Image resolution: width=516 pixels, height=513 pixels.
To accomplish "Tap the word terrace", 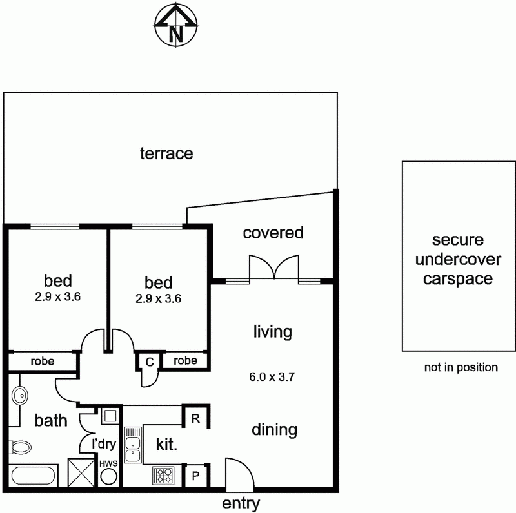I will coord(166,153).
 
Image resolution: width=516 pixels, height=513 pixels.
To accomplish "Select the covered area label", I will coord(273,233).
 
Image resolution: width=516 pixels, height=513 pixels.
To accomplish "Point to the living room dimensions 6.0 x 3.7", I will coord(272,378).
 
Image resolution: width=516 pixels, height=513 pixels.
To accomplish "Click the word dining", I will coord(274,429).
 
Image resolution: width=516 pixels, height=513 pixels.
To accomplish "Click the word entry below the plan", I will coord(241,503).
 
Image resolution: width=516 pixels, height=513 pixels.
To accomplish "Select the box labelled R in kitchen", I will coord(195,418).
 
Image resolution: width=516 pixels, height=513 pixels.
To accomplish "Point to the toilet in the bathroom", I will coord(21,448).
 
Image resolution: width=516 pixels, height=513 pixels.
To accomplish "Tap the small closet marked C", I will coord(149,362).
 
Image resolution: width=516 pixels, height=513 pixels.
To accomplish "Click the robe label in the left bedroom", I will coord(42,362).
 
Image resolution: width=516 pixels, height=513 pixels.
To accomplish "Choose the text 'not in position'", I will coord(461,367).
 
